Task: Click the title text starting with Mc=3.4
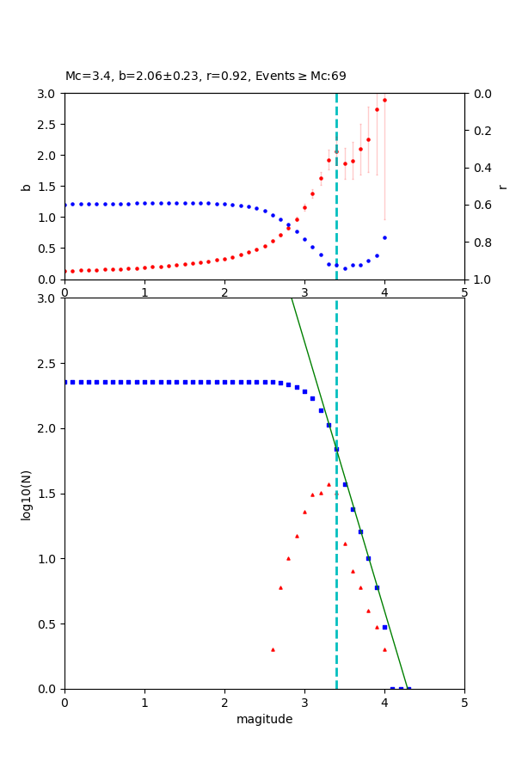206,77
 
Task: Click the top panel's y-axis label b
27,187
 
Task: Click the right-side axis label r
502,187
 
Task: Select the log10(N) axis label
27,494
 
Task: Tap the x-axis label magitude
264,720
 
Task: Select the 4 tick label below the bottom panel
384,703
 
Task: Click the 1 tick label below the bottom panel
144,703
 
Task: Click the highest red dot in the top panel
384,100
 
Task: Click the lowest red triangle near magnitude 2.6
273,649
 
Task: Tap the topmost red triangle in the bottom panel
329,484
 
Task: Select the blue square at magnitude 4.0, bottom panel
384,627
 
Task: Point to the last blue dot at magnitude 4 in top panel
384,237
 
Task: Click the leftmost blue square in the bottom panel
64,382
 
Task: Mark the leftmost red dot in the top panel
64,271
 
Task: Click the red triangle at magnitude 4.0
384,649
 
